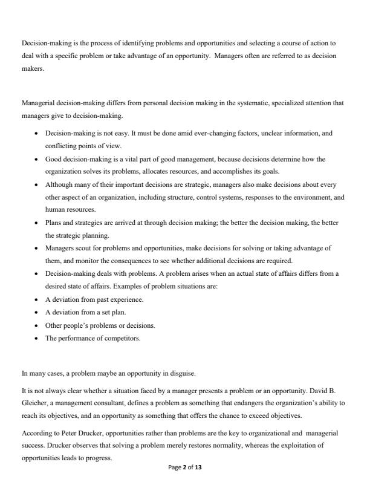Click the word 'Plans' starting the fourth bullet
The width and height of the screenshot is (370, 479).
pyautogui.click(x=53, y=223)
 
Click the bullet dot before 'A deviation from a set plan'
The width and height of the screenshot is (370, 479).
pyautogui.click(x=37, y=313)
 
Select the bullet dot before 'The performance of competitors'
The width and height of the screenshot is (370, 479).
pyautogui.click(x=37, y=338)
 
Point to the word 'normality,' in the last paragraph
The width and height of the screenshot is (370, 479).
pyautogui.click(x=227, y=447)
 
